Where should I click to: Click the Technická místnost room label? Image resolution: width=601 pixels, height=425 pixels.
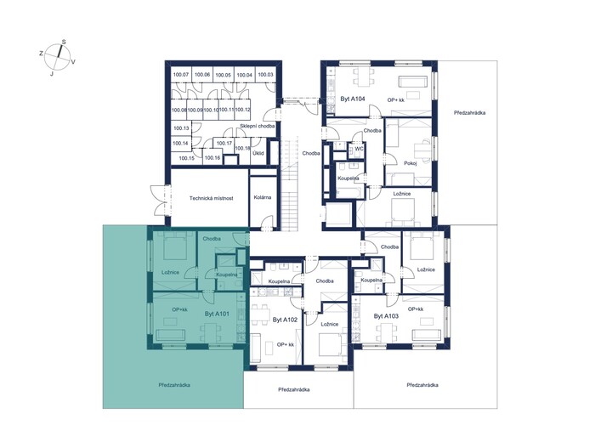point(211,198)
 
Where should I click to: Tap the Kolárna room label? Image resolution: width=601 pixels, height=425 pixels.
point(263,197)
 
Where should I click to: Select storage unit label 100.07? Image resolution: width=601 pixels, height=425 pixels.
point(181,74)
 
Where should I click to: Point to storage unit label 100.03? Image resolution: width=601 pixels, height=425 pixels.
point(265,74)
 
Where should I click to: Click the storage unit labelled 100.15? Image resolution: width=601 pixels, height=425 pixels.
point(186,158)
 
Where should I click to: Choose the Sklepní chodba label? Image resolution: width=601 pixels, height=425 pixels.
point(258,126)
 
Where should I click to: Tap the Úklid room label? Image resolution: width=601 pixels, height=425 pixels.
point(258,153)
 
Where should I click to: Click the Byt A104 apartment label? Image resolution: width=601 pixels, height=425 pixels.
point(353,99)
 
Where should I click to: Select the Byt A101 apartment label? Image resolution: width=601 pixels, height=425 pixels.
point(217,314)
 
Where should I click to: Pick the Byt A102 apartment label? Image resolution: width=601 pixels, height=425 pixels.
point(285,320)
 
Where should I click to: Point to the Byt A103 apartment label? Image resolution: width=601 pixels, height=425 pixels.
point(386,316)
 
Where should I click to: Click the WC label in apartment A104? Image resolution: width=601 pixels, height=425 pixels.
point(359,148)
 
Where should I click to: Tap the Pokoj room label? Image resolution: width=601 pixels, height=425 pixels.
point(411,163)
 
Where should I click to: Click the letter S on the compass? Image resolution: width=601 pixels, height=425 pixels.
point(64,42)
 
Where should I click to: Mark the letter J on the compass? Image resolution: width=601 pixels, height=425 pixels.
point(51,74)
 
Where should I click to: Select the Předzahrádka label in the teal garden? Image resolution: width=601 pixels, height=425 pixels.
point(174,385)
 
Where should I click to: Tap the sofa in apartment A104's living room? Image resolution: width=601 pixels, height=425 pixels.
point(413,82)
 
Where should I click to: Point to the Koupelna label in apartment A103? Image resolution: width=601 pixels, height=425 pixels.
point(371,280)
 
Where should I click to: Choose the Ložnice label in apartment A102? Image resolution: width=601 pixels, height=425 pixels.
point(330,324)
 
